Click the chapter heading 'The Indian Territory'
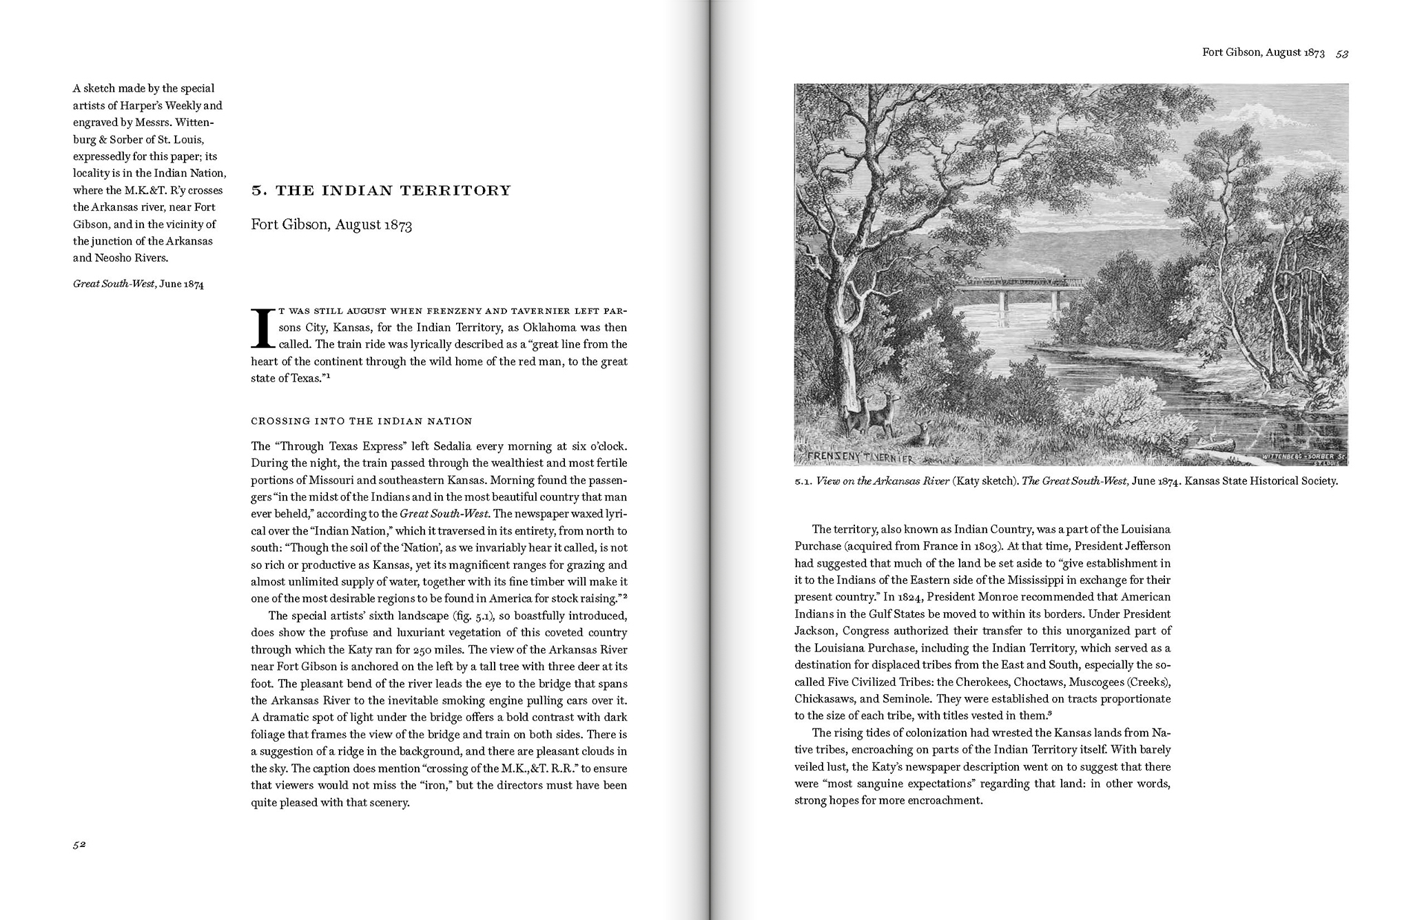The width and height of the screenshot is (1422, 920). pyautogui.click(x=381, y=190)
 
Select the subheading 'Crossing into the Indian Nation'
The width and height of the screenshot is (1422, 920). pyautogui.click(x=361, y=421)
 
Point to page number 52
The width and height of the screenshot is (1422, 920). pyautogui.click(x=79, y=845)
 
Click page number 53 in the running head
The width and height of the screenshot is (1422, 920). pyautogui.click(x=1341, y=53)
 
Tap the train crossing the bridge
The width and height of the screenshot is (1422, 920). pyautogui.click(x=1020, y=281)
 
